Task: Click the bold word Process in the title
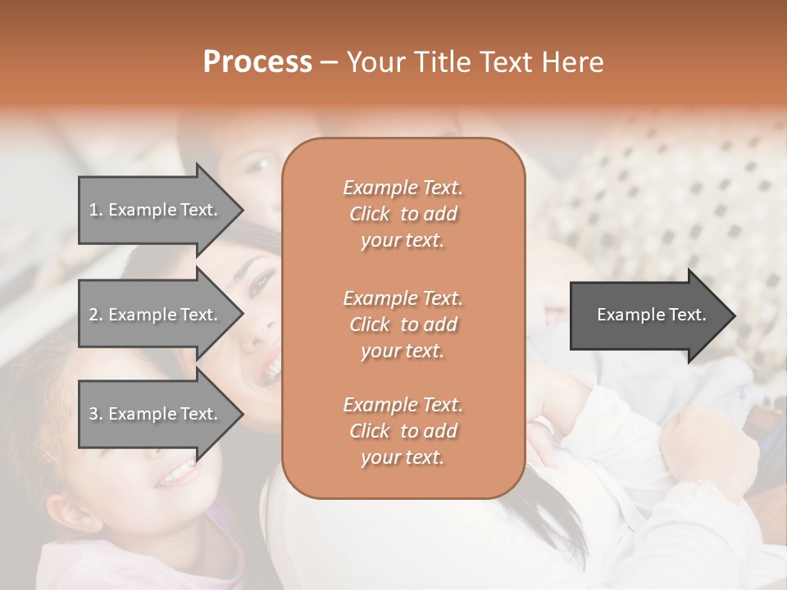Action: (x=257, y=62)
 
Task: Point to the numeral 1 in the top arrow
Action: (x=93, y=210)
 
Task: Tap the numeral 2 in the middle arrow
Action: (x=93, y=315)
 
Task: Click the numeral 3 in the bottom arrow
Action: (x=93, y=414)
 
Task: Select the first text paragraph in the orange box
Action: (x=403, y=214)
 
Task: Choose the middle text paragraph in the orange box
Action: (x=403, y=324)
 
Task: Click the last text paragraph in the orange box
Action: (x=403, y=431)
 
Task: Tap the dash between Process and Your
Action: (x=329, y=62)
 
